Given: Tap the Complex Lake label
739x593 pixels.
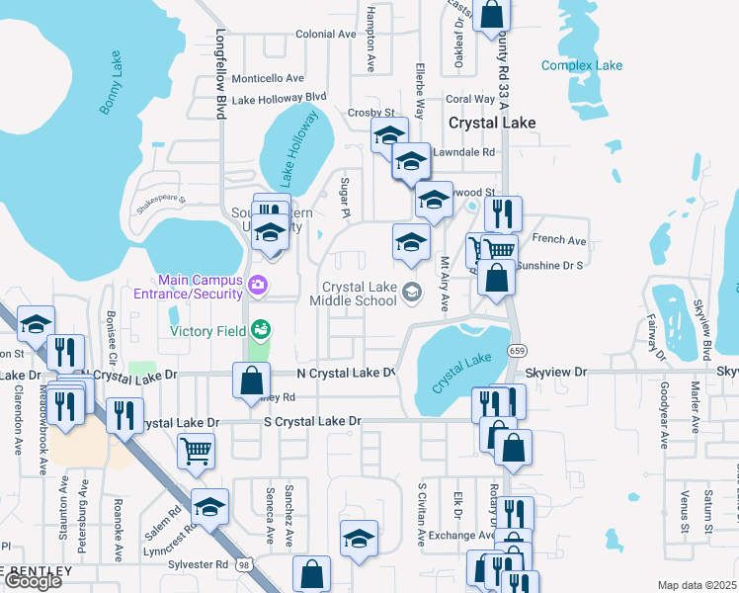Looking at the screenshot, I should click(582, 66).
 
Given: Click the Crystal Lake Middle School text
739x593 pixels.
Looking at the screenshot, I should click(353, 294).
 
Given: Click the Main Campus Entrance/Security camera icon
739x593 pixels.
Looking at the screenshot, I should click(259, 286).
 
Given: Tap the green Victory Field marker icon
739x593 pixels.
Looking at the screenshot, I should click(261, 328).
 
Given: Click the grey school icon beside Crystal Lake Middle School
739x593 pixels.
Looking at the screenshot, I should click(412, 291).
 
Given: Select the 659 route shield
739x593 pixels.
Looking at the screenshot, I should click(517, 351).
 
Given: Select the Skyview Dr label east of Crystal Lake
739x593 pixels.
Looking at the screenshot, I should click(556, 373).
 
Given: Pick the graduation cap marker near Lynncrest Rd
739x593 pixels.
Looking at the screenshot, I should click(209, 506).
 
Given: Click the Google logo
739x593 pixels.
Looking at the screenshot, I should click(33, 581).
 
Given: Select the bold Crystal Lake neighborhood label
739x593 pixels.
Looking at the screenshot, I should click(492, 124).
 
